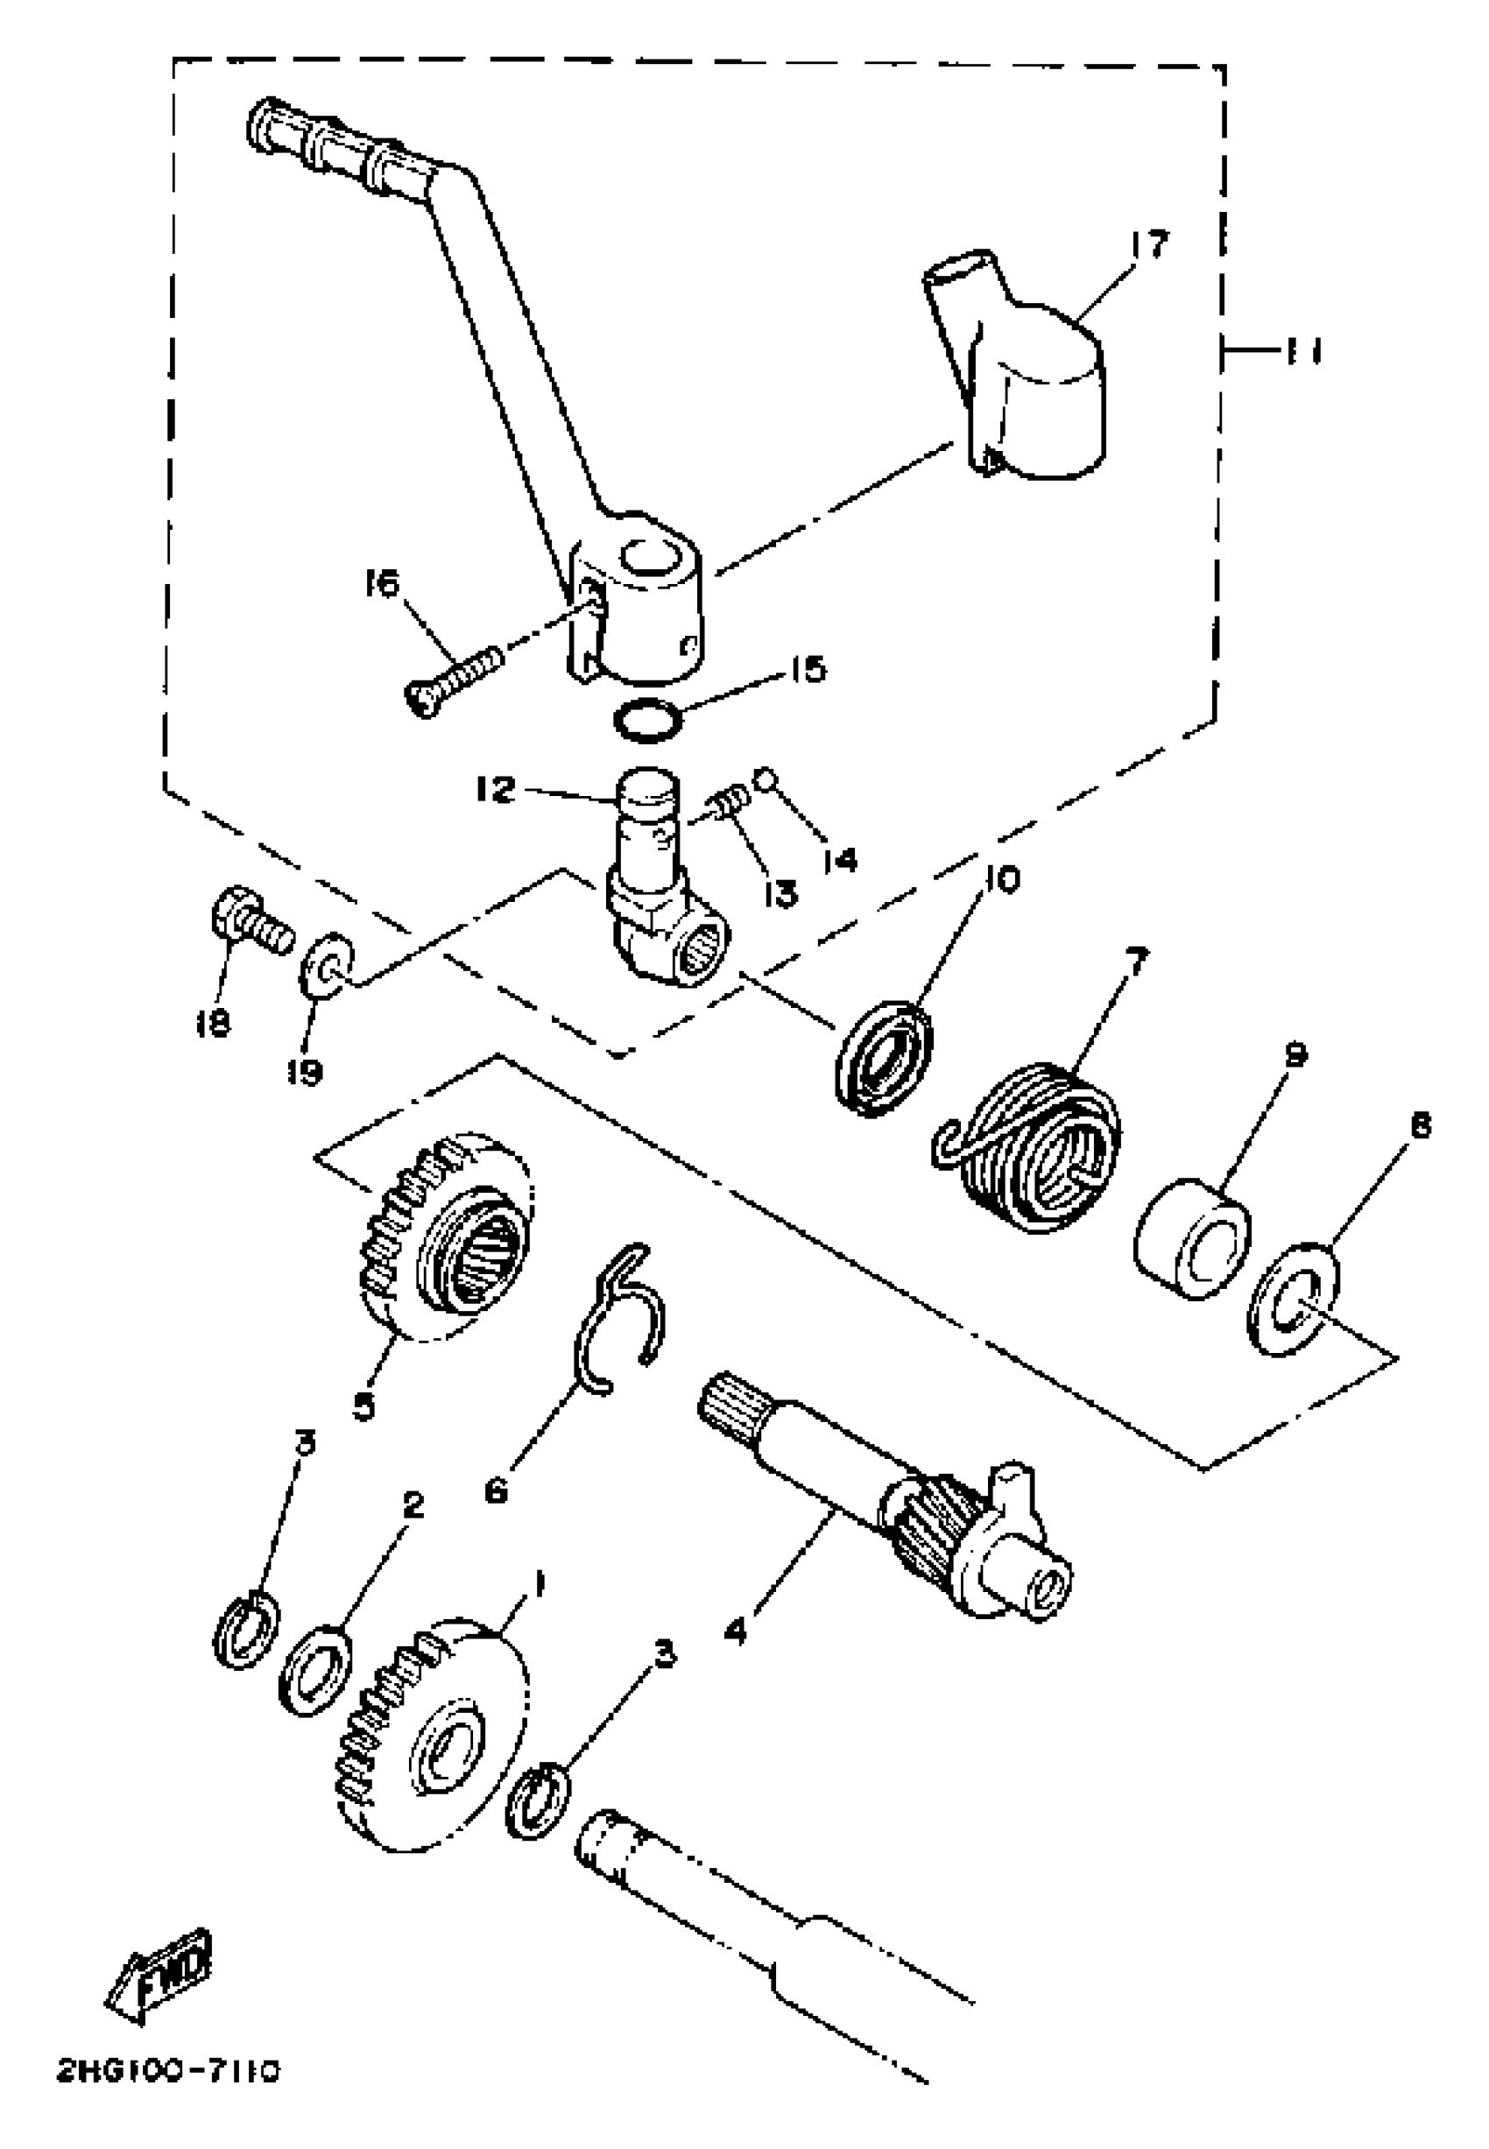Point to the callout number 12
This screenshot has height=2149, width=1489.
coord(495,791)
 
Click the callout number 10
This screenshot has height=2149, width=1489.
coord(1001,878)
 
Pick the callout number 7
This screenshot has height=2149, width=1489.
coord(1136,961)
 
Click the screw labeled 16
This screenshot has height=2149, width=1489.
coord(453,676)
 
